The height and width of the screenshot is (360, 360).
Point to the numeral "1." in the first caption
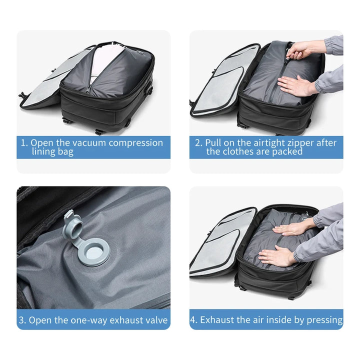(24, 143)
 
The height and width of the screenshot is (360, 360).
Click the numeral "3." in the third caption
(22, 320)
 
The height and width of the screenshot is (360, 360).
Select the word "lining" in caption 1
(45, 152)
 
